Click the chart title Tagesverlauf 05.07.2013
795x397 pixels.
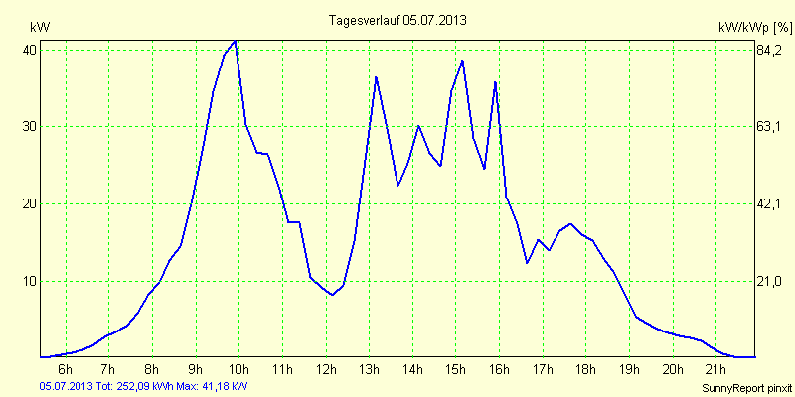click(x=397, y=20)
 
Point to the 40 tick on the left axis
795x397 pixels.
click(x=30, y=50)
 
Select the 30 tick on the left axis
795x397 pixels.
click(x=30, y=127)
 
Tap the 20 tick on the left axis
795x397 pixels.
click(x=30, y=203)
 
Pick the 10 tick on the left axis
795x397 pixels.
click(x=30, y=281)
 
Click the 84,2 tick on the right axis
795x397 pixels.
click(x=771, y=50)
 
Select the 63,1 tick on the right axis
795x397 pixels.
click(x=771, y=127)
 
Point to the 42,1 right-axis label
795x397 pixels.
click(x=771, y=203)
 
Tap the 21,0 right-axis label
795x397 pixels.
click(x=771, y=281)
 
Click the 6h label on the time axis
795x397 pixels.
click(x=66, y=371)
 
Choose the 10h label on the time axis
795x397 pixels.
click(x=238, y=371)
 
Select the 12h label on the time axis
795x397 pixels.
click(x=326, y=371)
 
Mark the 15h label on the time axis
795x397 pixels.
click(x=456, y=371)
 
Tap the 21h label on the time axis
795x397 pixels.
click(x=716, y=371)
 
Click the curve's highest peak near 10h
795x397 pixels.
click(x=235, y=41)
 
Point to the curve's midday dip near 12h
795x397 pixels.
click(x=333, y=295)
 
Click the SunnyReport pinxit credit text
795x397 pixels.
click(x=747, y=387)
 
